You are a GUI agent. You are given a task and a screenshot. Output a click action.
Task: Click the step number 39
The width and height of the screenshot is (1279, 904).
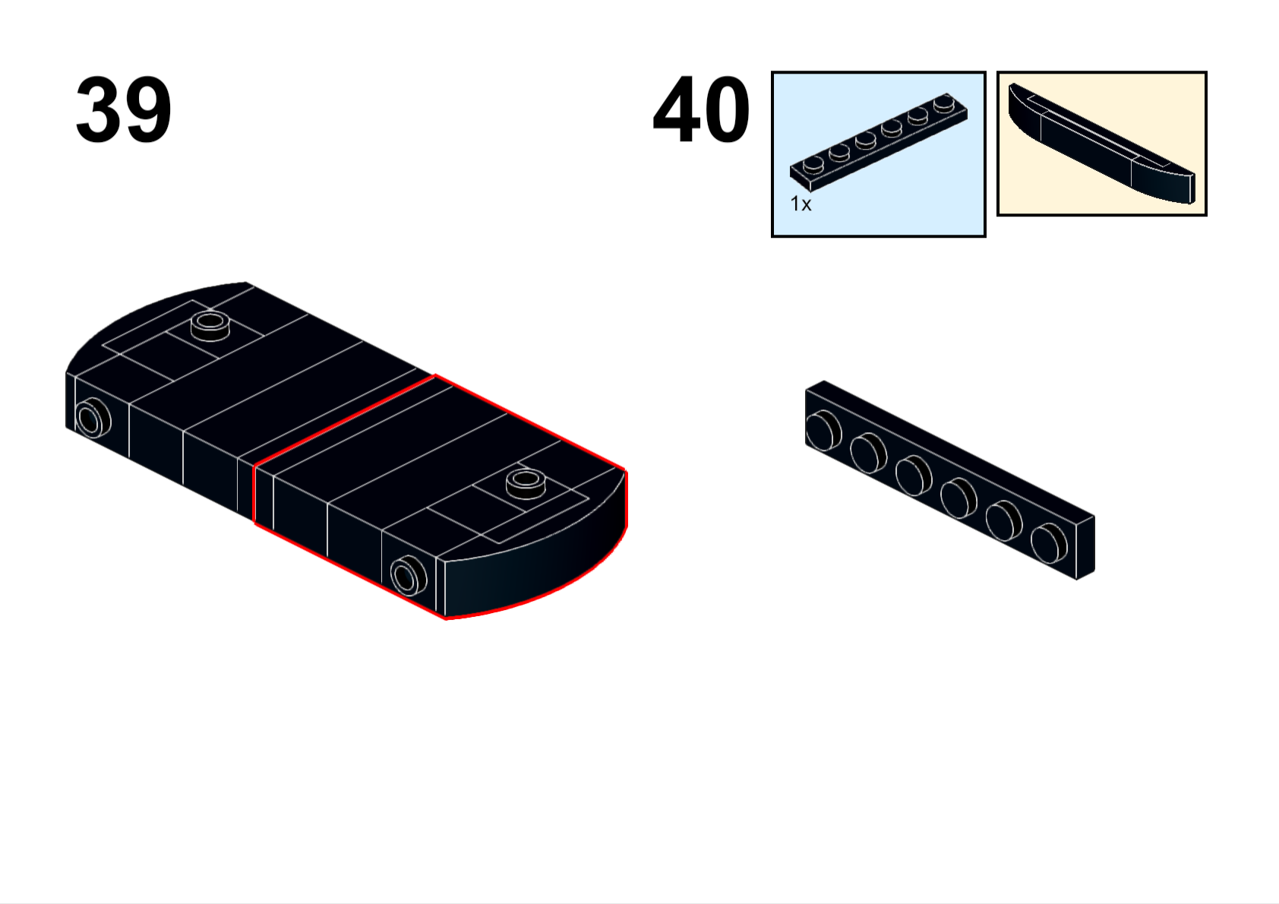tap(123, 109)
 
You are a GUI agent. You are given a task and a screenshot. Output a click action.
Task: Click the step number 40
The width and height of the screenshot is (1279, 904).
tap(701, 109)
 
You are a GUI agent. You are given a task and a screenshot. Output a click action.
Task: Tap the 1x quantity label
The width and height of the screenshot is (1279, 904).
tap(801, 204)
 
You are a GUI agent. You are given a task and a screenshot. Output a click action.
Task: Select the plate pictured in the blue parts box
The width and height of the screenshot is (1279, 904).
tap(879, 141)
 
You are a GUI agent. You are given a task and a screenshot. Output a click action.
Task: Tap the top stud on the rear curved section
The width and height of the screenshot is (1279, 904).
tap(210, 326)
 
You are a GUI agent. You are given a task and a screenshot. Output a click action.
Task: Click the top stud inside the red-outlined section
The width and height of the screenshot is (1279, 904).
tap(526, 484)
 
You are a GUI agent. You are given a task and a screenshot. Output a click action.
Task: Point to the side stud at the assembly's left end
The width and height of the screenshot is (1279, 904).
tap(93, 419)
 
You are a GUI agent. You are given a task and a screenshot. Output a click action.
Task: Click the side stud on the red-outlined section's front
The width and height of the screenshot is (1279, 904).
tap(409, 575)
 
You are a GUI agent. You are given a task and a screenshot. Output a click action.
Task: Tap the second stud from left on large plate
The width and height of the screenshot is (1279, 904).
tap(868, 452)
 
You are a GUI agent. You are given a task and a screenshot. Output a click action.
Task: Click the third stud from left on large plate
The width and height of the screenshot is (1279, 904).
tap(914, 475)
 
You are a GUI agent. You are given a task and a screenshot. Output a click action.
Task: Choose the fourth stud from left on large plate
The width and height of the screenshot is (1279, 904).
tap(958, 498)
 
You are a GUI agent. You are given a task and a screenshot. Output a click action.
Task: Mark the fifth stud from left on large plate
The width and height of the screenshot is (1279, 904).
tap(1004, 520)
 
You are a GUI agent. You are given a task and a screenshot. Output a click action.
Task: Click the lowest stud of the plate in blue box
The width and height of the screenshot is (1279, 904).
tap(813, 165)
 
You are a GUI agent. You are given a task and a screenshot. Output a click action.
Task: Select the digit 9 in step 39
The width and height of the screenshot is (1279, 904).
tap(147, 109)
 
